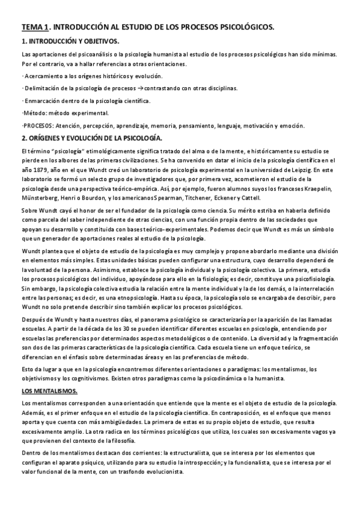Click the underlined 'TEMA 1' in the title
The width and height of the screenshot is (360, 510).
click(34, 27)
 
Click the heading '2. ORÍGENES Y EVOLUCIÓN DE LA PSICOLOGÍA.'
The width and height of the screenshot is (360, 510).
click(91, 138)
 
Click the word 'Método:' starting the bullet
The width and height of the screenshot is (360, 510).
click(33, 112)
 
